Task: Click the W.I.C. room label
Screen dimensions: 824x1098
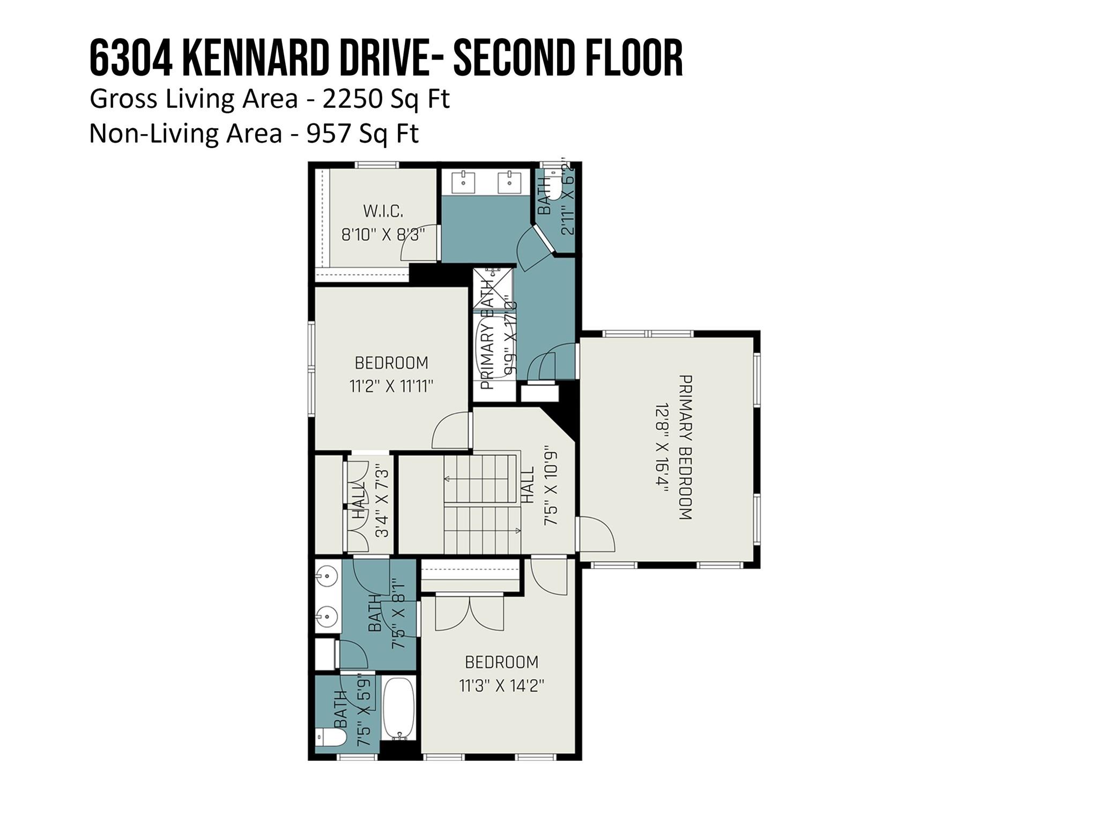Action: (383, 211)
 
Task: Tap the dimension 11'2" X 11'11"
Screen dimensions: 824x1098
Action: (391, 386)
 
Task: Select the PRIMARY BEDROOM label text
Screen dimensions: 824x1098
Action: (685, 447)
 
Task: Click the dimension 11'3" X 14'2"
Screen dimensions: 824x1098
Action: (501, 686)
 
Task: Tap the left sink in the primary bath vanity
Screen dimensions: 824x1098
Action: (462, 182)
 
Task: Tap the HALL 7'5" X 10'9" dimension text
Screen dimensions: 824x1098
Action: (551, 485)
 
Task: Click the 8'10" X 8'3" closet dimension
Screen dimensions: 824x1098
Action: (383, 234)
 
